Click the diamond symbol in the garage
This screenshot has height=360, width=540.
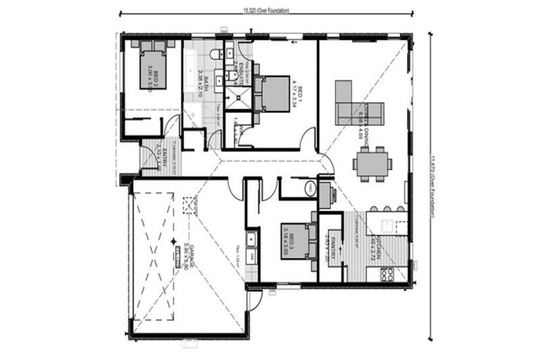click(x=174, y=241)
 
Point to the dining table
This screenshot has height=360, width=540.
click(x=372, y=163)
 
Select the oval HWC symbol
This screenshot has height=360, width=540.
click(x=310, y=188)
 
